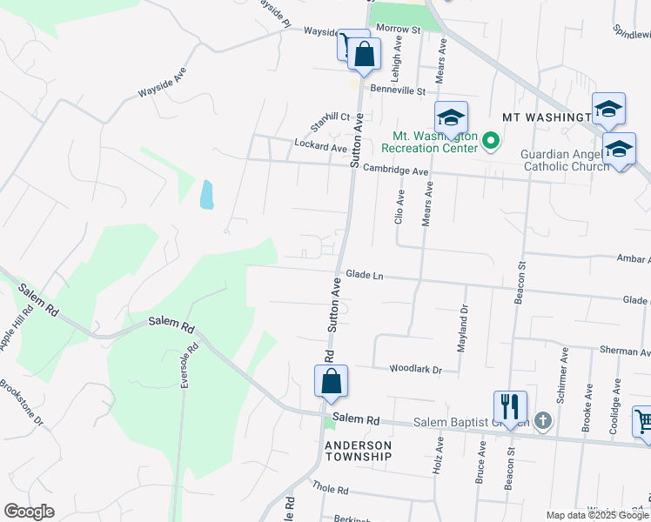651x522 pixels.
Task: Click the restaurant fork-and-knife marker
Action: point(510,406)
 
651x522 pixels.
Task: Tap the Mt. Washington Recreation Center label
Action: point(435,142)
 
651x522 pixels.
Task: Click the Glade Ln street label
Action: point(365,274)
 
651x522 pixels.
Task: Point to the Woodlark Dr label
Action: point(416,370)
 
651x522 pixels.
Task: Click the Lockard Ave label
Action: point(320,147)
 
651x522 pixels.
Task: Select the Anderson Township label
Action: point(359,451)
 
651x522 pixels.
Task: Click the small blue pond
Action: point(205,194)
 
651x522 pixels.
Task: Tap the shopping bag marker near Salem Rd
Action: point(331,380)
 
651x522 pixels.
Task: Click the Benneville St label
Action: point(397,90)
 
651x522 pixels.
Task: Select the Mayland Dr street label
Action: point(463,326)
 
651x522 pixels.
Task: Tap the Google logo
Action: point(29,512)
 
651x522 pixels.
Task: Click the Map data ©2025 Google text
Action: point(597,515)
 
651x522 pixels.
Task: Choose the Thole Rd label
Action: point(330,489)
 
